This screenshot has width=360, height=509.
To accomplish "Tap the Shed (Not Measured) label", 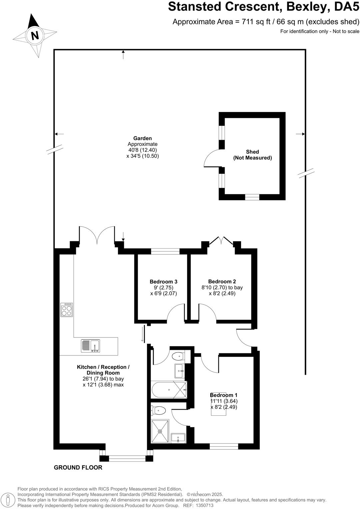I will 252,155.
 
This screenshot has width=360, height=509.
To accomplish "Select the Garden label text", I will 142,138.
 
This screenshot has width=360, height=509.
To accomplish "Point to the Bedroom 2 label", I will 222,281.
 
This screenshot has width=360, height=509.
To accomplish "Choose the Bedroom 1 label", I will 224,395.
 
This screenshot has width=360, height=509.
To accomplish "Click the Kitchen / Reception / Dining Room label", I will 103,370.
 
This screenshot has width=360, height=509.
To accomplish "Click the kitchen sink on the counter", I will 90,346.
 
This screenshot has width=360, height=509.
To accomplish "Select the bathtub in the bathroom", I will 169,390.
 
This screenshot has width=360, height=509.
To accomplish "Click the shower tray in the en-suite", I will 160,431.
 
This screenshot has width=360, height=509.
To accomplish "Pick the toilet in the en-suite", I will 158,410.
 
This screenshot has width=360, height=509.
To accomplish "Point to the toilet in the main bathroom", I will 178,356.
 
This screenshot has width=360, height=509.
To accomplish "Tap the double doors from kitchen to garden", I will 97,235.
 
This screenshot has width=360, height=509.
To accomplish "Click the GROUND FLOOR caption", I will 78,467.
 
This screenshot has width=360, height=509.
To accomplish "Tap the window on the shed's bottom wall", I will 252,197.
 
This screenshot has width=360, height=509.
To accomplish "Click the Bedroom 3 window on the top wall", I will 165,252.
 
